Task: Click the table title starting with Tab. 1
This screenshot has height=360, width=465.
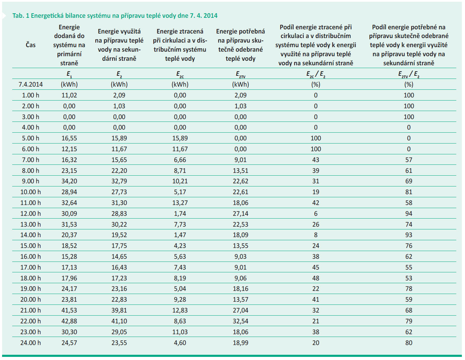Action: [115, 16]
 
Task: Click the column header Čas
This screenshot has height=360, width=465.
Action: [31, 45]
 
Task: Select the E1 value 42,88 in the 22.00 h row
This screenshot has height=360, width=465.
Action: [69, 321]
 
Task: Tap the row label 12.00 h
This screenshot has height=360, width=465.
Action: [31, 214]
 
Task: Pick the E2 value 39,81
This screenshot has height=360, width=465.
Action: [119, 310]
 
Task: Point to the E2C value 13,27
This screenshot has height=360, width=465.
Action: [180, 203]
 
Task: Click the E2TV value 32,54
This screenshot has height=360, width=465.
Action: [240, 321]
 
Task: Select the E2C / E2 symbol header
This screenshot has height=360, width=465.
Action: [316, 74]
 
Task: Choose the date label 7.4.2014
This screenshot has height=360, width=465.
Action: [31, 85]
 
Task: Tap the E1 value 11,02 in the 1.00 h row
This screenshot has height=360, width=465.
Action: [69, 95]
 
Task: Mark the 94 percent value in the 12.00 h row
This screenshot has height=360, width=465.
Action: [409, 214]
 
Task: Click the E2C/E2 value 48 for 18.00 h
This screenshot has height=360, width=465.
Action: [316, 278]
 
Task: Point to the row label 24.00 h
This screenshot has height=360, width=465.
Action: [31, 343]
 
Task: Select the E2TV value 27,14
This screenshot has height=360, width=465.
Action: [240, 214]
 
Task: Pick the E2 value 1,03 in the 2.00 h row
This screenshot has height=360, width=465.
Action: [119, 106]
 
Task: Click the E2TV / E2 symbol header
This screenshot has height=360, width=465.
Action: [409, 74]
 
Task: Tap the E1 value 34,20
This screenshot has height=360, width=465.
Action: [69, 181]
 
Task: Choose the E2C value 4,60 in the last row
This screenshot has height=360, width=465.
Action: [180, 343]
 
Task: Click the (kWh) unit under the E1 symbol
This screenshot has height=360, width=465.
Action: [69, 85]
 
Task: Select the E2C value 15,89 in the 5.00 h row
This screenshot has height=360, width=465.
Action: [180, 138]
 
